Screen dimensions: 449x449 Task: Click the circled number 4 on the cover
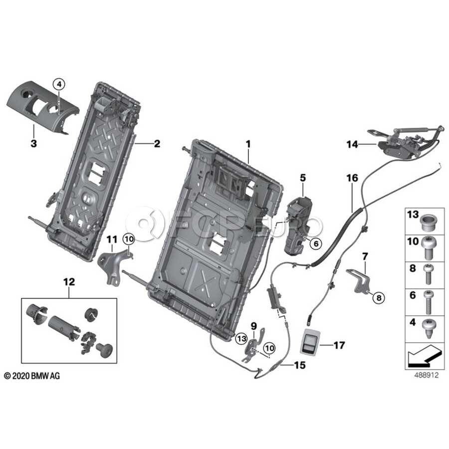(x=59, y=85)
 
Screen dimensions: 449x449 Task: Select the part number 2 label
(x=157, y=144)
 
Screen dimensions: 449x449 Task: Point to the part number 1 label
(x=248, y=144)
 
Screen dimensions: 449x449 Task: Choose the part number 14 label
(x=353, y=145)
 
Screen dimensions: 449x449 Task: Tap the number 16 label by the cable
(x=353, y=178)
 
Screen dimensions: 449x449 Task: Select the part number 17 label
(x=339, y=345)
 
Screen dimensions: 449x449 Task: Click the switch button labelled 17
(x=309, y=344)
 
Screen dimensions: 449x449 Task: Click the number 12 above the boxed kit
(x=69, y=282)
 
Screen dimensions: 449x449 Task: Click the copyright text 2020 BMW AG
(x=32, y=376)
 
